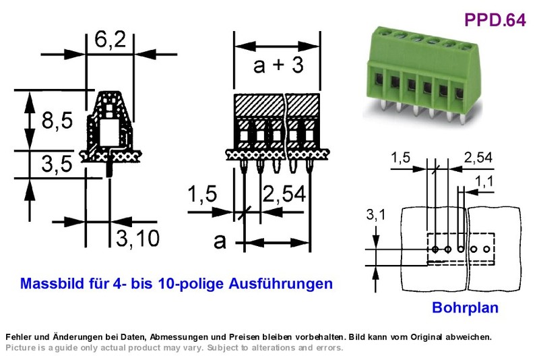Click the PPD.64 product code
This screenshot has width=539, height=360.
pos(495,20)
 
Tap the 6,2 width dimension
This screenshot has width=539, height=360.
pos(110,40)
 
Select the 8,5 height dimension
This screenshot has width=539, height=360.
pos(57,121)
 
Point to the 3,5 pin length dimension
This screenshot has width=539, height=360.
pos(57,164)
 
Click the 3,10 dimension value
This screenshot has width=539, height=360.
pos(137,237)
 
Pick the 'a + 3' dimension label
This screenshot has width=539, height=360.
pos(278,65)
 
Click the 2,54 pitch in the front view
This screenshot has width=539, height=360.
pos(284,193)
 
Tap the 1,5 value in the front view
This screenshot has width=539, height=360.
pos(203,193)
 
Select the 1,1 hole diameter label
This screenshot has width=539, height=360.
pos(484,181)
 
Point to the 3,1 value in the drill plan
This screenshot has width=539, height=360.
pos(376,214)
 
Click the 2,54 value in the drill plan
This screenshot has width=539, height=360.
pos(478,158)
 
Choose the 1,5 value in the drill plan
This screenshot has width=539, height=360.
pos(401,158)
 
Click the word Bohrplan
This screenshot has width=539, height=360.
pos(465,307)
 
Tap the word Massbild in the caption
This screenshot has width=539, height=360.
pos(53,283)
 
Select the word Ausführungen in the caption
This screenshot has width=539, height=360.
pos(280,284)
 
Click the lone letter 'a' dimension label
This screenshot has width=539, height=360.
pos(220,241)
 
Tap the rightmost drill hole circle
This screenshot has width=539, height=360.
pos(486,249)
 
